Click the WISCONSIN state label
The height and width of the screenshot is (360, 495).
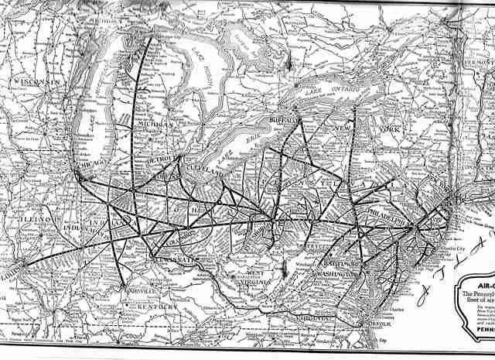(x=36, y=82)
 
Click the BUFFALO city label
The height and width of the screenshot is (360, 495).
(x=285, y=122)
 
